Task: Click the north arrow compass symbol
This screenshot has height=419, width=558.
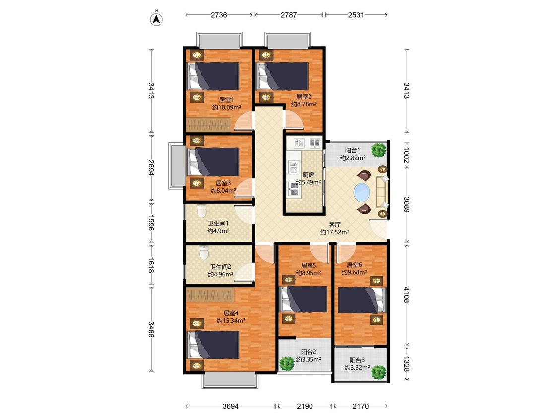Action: pos(156,19)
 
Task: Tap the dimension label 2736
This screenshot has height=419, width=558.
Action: pos(219,15)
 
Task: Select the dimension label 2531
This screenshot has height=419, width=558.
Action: pos(356,15)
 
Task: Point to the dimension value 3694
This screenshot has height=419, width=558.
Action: pos(231,406)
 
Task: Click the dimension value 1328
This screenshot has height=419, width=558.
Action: pos(406,364)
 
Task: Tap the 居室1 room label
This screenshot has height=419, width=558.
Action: pos(225,100)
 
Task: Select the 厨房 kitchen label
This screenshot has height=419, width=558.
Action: pos(308,175)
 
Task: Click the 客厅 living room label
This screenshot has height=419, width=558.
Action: pos(334,225)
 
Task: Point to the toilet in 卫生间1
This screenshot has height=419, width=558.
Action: pos(202,210)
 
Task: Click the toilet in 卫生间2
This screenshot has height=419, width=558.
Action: pos(204,252)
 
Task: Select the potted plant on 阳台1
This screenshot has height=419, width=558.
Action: pos(378,149)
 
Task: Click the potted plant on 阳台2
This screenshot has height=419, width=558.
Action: pos(287,364)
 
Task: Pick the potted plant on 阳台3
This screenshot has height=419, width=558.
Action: pos(378,372)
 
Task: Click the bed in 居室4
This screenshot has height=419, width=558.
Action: pos(213,345)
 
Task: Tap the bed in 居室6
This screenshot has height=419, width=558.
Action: pos(362,300)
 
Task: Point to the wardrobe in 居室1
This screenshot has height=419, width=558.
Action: pos(210,125)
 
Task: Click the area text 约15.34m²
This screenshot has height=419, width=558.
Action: pos(231,321)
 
